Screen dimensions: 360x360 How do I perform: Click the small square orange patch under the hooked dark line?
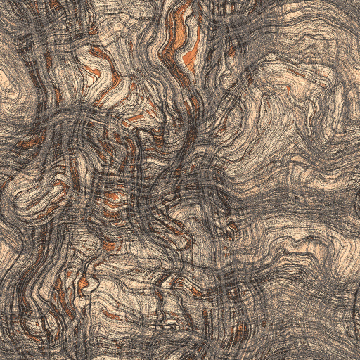pos(110,245)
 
